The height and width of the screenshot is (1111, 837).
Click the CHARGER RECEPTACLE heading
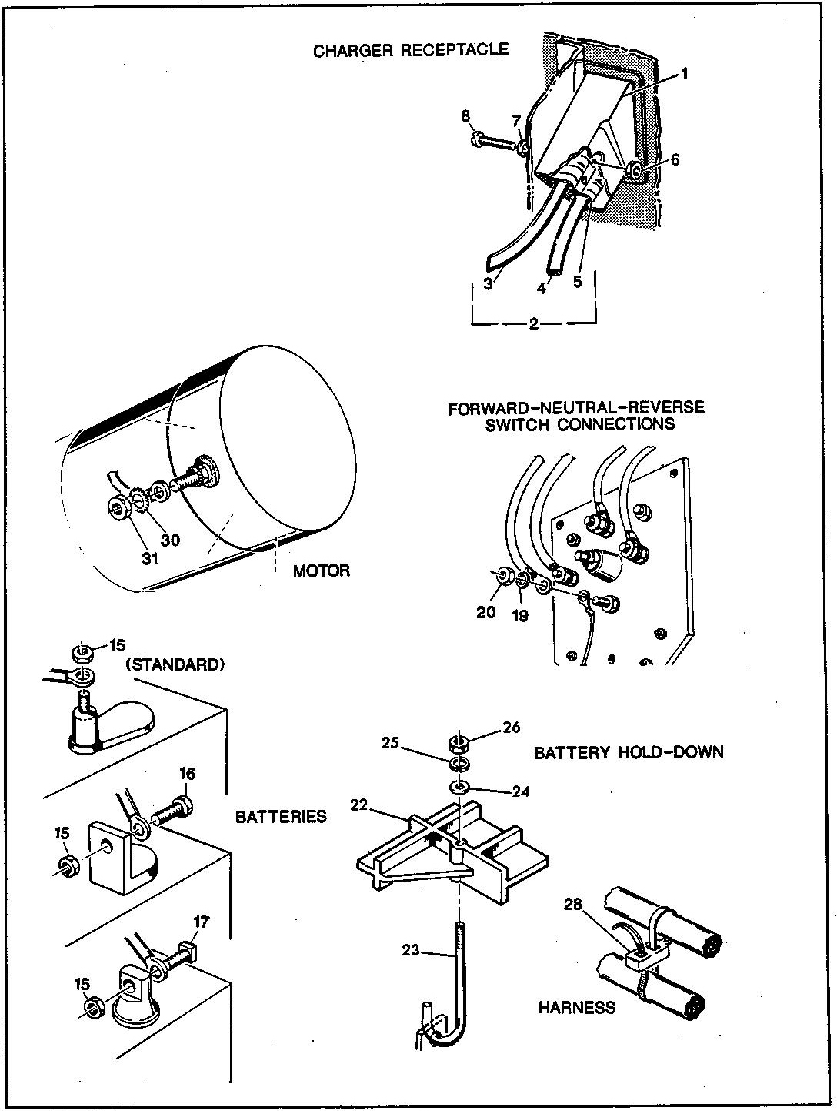tap(410, 50)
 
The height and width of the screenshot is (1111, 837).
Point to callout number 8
tap(465, 116)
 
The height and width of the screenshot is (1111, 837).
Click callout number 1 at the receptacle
tap(684, 74)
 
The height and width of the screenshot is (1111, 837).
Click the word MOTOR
tap(321, 571)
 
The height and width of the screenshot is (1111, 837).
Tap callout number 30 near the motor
tap(170, 540)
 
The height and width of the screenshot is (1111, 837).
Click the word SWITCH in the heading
tap(520, 423)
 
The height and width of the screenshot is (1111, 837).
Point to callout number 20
tap(486, 612)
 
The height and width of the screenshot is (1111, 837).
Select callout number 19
tap(520, 615)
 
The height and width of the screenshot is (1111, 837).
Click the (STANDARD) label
tap(174, 664)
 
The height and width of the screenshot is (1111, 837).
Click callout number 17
tap(201, 921)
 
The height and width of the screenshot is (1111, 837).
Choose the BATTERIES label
tap(282, 816)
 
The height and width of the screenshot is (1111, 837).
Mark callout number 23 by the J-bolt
tap(411, 951)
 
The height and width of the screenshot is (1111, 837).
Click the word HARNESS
tap(576, 1007)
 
